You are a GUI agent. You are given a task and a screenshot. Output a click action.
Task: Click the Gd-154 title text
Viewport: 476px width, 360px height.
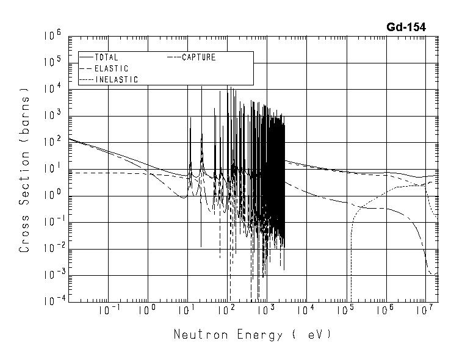pyautogui.click(x=406, y=27)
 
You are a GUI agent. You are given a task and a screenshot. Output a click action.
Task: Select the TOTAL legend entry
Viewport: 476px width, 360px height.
pyautogui.click(x=106, y=57)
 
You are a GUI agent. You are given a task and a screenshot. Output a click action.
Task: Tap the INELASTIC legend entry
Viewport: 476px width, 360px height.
pyautogui.click(x=116, y=79)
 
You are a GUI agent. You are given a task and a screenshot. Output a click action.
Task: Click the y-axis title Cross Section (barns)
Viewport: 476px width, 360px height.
pyautogui.click(x=25, y=170)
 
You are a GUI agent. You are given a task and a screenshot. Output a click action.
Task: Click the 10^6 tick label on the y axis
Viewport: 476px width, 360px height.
pyautogui.click(x=52, y=37)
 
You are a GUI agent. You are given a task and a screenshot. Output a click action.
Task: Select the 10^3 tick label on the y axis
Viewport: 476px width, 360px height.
pyautogui.click(x=52, y=116)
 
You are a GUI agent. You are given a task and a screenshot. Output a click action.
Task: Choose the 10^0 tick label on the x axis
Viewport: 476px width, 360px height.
pyautogui.click(x=147, y=311)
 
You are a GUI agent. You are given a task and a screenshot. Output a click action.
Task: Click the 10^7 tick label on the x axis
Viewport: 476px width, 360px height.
pyautogui.click(x=426, y=311)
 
